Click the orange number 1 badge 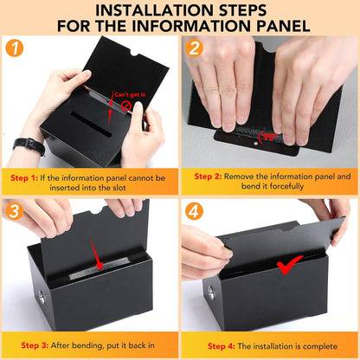pyautogui.click(x=14, y=48)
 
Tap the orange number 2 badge pyautogui.click(x=194, y=48)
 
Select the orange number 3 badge pyautogui.click(x=14, y=211)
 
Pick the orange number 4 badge pyautogui.click(x=194, y=211)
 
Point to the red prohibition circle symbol pyautogui.click(x=126, y=106)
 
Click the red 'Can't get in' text pyautogui.click(x=130, y=94)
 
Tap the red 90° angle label pyautogui.click(x=268, y=137)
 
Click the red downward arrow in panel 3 pyautogui.click(x=96, y=255)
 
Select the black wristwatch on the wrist pyautogui.click(x=29, y=145)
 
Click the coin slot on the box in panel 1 pyautogui.click(x=91, y=124)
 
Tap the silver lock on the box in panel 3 pyautogui.click(x=42, y=297)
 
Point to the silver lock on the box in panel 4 pyautogui.click(x=211, y=292)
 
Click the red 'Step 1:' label pyautogui.click(x=24, y=178)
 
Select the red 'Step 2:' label pyautogui.click(x=208, y=177)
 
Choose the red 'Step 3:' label pyautogui.click(x=35, y=345)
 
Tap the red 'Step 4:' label pyautogui.click(x=222, y=346)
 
